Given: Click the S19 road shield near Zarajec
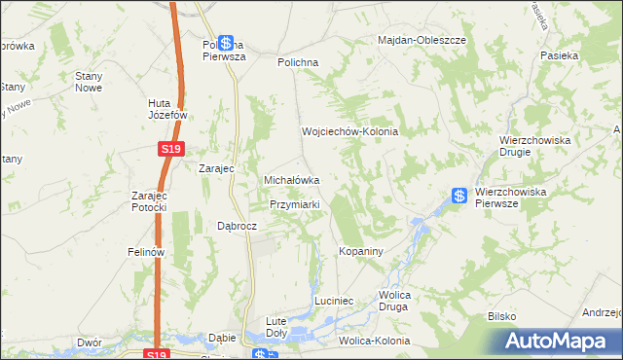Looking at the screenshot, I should pyautogui.click(x=169, y=149).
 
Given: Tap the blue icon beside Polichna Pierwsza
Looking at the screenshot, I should pyautogui.click(x=227, y=43).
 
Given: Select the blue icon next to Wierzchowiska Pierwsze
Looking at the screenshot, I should pyautogui.click(x=458, y=195).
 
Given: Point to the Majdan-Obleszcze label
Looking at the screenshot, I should pyautogui.click(x=423, y=40).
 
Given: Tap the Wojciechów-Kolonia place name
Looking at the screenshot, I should pyautogui.click(x=350, y=131).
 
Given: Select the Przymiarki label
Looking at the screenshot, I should pyautogui.click(x=302, y=205).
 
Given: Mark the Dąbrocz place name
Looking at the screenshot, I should pyautogui.click(x=237, y=225).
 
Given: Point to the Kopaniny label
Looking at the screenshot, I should pyautogui.click(x=362, y=251).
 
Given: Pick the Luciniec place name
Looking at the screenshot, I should pyautogui.click(x=339, y=302).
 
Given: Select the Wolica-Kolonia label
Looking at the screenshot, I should pyautogui.click(x=374, y=342).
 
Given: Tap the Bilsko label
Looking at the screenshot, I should pyautogui.click(x=500, y=317).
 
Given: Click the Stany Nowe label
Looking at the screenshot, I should pyautogui.click(x=89, y=81).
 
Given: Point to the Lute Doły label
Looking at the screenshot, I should pyautogui.click(x=282, y=325).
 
